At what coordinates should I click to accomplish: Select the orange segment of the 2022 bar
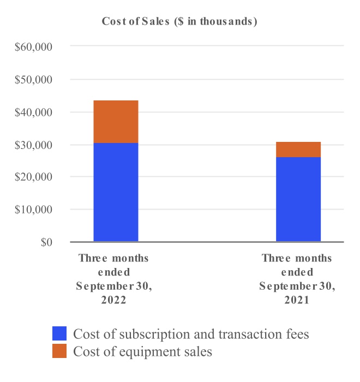pyautogui.click(x=116, y=122)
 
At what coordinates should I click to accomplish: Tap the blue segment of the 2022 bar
pyautogui.click(x=116, y=192)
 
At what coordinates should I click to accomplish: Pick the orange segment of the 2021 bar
pyautogui.click(x=298, y=150)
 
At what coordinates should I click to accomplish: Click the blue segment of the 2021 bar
pyautogui.click(x=298, y=199)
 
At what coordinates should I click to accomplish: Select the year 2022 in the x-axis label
pyautogui.click(x=113, y=300)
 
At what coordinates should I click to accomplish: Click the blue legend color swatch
pyautogui.click(x=59, y=333)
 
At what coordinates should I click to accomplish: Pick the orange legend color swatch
pyautogui.click(x=59, y=351)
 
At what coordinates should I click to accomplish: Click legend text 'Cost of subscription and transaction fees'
pyautogui.click(x=191, y=333)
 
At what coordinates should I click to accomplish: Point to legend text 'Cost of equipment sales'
pyautogui.click(x=142, y=351)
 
